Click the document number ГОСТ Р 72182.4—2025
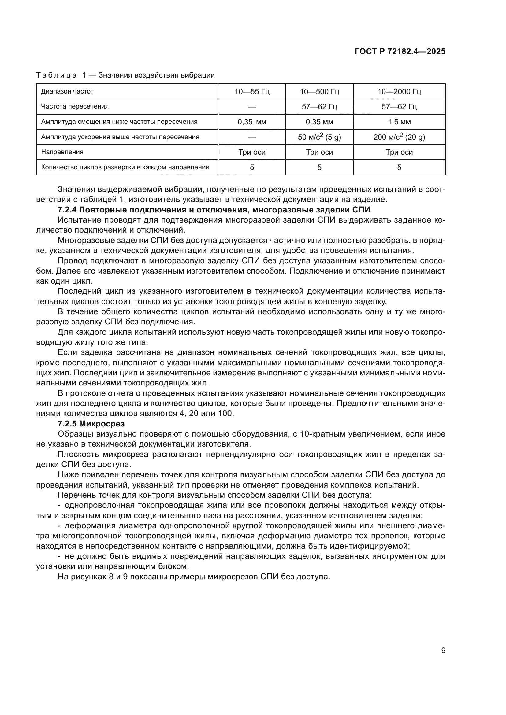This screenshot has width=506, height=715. click(x=400, y=51)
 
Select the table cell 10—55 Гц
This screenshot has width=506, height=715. click(x=252, y=92)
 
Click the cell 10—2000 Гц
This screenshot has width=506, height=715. click(x=399, y=92)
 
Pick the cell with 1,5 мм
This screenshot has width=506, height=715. click(x=399, y=122)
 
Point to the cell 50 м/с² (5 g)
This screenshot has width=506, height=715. click(x=319, y=137)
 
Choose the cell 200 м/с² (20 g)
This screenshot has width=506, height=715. click(x=399, y=137)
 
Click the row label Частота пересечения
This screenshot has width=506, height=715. click(x=75, y=106)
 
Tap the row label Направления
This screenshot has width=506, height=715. click(x=62, y=152)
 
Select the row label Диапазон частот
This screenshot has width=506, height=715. click(x=67, y=92)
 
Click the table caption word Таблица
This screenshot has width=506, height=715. click(x=56, y=76)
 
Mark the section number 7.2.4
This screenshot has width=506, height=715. click(x=67, y=210)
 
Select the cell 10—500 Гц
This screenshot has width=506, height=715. click(x=319, y=92)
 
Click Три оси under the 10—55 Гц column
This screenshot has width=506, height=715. click(x=252, y=152)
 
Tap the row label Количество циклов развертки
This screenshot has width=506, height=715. click(x=125, y=168)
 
